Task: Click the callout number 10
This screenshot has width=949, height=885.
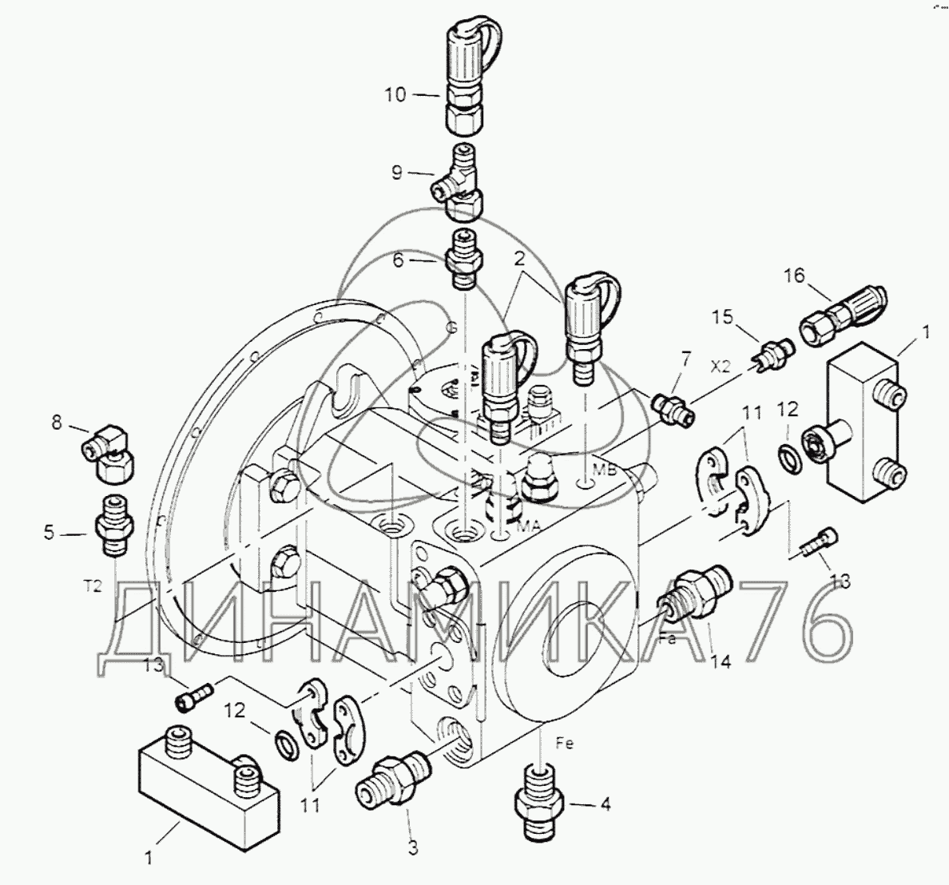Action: [396, 95]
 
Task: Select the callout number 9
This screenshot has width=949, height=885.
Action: [396, 173]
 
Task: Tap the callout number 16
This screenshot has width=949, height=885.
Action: [795, 276]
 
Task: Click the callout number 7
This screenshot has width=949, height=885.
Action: [685, 359]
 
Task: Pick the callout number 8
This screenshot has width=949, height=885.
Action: [57, 422]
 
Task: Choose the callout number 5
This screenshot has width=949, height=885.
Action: [49, 533]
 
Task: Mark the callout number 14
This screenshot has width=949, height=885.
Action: [721, 661]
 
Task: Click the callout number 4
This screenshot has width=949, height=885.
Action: [604, 804]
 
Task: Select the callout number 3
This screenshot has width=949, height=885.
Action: [413, 848]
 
